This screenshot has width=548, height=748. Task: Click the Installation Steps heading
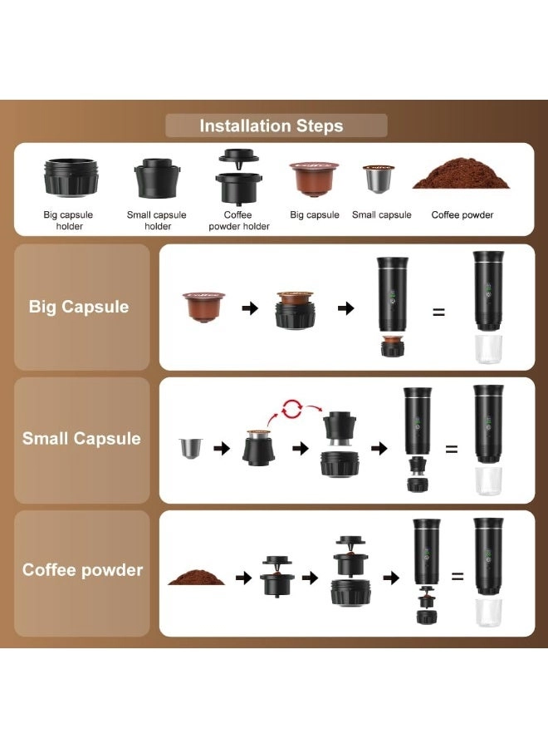(x=272, y=126)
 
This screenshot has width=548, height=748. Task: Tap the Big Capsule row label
(x=79, y=307)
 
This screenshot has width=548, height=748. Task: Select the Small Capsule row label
(x=81, y=439)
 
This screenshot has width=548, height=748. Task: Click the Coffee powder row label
(x=82, y=570)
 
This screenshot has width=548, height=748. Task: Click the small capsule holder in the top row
(x=158, y=177)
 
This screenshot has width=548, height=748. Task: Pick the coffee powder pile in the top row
(x=462, y=175)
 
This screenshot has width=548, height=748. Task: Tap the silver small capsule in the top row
(x=379, y=179)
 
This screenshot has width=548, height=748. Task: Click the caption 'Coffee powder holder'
(x=239, y=220)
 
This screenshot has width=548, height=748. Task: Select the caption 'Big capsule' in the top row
(x=315, y=215)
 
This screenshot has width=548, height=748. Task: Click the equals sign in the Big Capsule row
(x=438, y=312)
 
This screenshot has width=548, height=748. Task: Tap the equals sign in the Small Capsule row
(x=452, y=449)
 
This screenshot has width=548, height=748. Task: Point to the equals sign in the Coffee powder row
(x=457, y=575)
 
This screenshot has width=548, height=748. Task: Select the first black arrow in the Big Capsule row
(x=250, y=308)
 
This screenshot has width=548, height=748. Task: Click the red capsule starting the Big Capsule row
(x=203, y=307)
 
